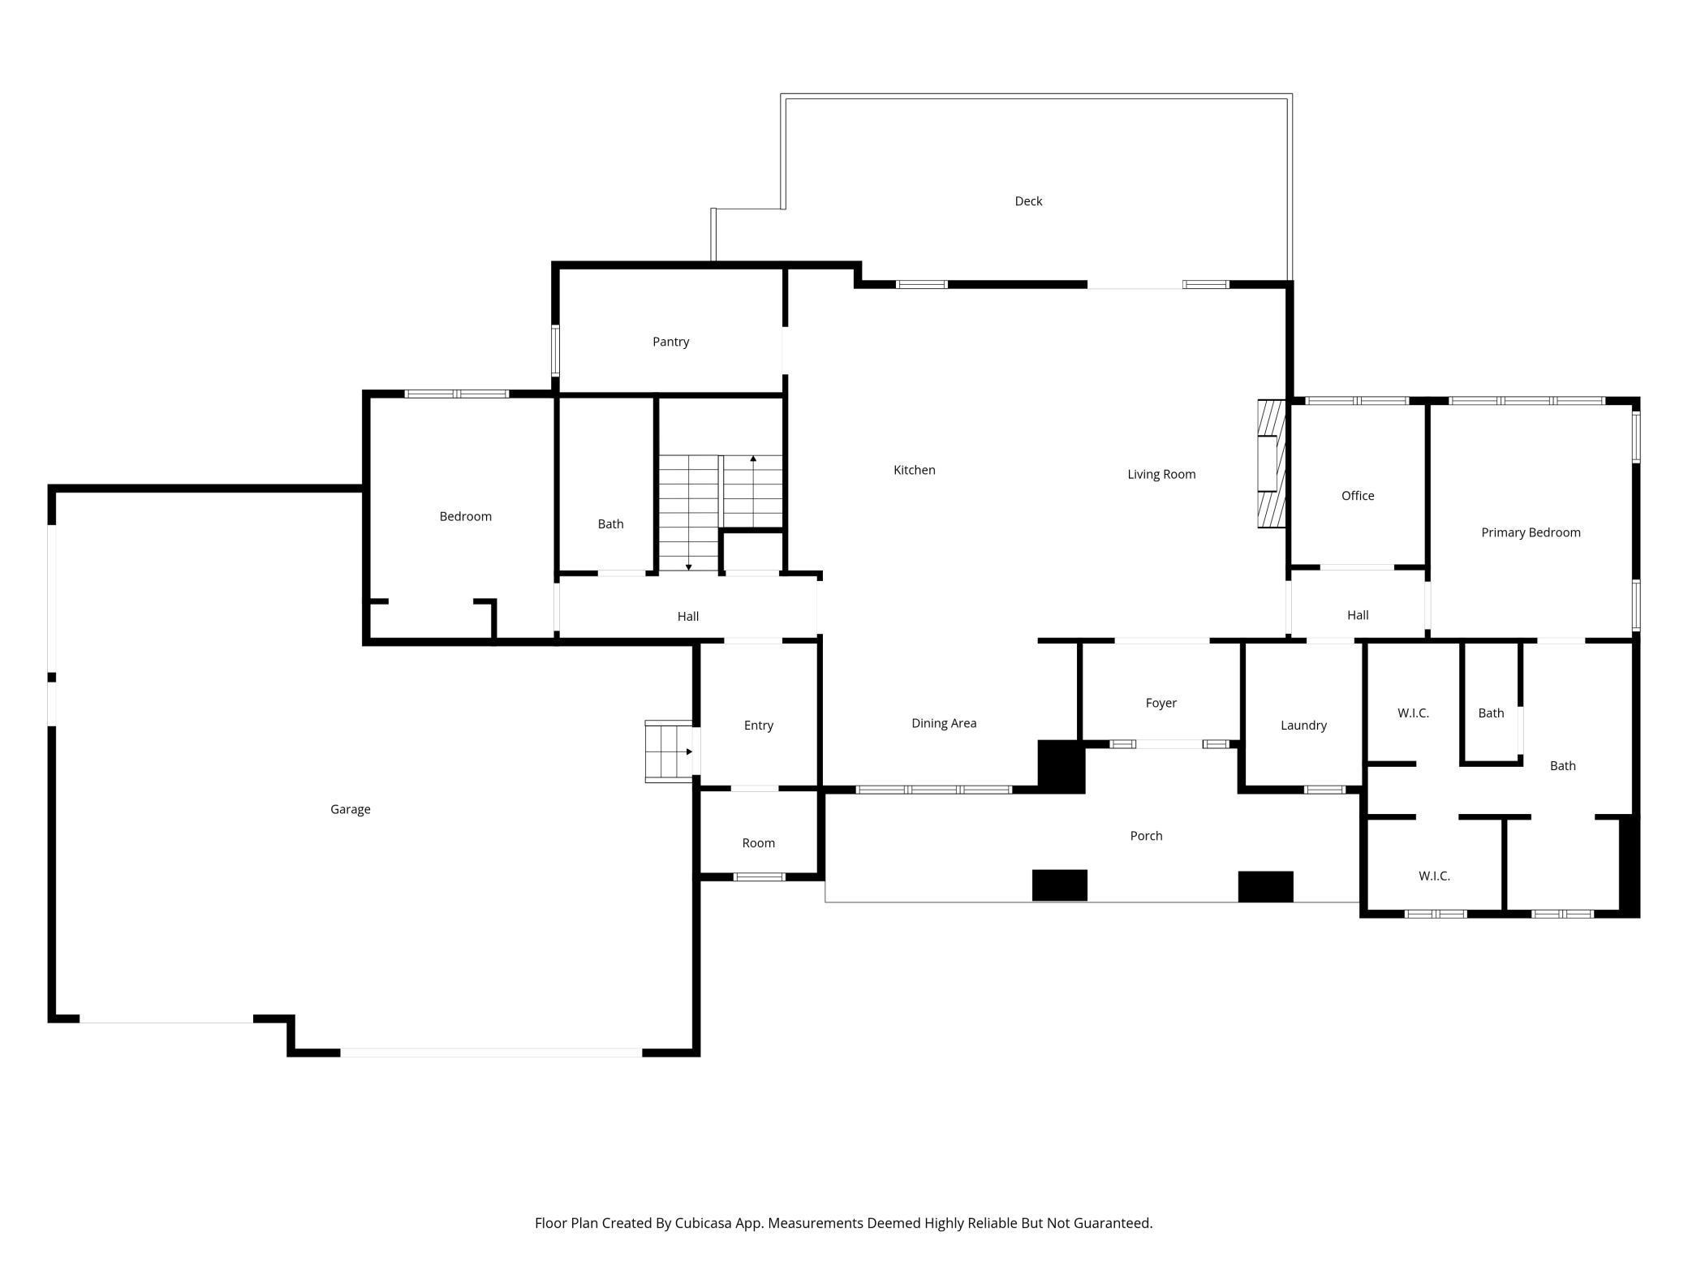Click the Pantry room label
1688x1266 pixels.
[x=670, y=342]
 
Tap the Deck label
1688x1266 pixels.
[x=1028, y=201]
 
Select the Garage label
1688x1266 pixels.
[x=351, y=809]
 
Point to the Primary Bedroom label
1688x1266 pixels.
[x=1531, y=532]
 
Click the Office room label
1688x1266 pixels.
[x=1358, y=496]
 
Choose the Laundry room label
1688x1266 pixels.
[x=1303, y=726]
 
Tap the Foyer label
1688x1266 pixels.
[x=1160, y=703]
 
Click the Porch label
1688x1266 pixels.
[x=1146, y=836]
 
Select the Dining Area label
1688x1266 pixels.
[x=944, y=723]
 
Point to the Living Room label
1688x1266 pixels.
[x=1161, y=475]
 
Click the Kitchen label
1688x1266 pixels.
[x=914, y=470]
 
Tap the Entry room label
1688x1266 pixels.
[x=759, y=726]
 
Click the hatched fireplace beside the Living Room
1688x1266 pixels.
[x=1272, y=463]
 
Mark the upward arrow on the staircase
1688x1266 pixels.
[x=753, y=492]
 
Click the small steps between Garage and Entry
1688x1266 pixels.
[x=670, y=751]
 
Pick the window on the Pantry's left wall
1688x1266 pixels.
[x=555, y=351]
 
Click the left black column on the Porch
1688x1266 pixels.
[x=1059, y=885]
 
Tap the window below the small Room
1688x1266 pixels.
[x=759, y=876]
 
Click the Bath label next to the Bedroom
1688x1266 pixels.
[x=610, y=524]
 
